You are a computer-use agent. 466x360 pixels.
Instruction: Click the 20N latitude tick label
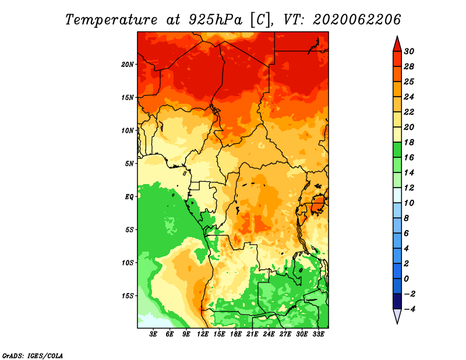128,64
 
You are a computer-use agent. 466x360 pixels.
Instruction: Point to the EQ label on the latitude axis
129,196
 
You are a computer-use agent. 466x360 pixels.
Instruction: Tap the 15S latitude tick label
128,296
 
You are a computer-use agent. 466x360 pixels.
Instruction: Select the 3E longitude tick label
153,334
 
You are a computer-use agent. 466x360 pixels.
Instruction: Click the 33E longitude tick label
318,334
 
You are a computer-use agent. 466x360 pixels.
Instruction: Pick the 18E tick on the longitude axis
236,334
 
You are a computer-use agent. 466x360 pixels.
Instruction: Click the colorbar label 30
409,51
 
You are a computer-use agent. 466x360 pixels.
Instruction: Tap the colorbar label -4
409,309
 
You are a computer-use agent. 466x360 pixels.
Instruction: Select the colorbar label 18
409,142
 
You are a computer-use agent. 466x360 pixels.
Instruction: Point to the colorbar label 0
407,279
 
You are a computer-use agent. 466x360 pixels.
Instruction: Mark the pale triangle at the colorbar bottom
397,316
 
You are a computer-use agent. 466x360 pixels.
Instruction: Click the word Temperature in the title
111,20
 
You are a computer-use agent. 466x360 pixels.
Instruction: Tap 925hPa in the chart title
216,20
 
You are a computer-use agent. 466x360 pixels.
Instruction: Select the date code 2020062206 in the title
357,20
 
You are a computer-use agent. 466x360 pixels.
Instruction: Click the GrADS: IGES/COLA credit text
33,355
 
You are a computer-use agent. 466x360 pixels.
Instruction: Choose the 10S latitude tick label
128,263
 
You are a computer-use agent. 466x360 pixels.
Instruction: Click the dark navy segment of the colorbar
397,301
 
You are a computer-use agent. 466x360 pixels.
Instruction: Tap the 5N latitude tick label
129,164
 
